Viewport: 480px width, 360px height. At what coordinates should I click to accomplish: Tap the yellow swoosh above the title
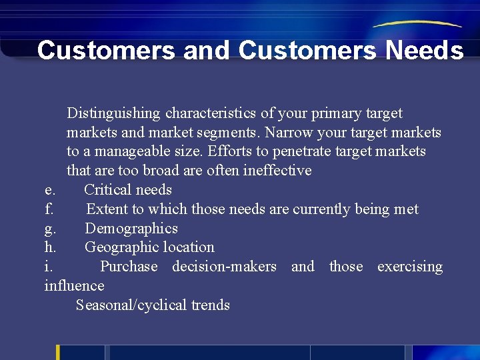pos(417,23)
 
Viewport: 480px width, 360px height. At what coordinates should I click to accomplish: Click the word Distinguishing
pos(113,113)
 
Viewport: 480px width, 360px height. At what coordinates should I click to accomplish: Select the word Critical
pos(109,190)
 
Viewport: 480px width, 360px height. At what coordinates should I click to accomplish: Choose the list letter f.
pos(49,209)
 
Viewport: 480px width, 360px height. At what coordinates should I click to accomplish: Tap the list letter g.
pos(50,229)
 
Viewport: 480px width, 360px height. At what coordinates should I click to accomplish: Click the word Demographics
pos(131,229)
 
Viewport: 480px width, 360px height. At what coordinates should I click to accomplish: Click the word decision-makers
pos(224,267)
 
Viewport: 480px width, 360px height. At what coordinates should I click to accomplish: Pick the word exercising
pos(409,267)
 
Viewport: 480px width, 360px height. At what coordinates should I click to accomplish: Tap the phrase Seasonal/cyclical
pos(131,305)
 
